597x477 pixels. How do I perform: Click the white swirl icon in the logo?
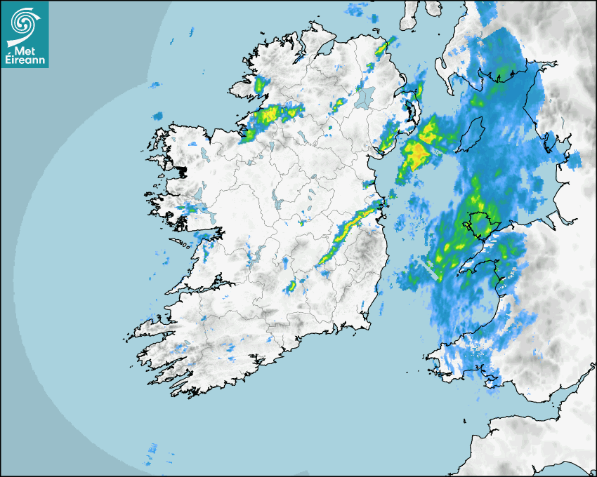[24, 23]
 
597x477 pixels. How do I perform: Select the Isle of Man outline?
[471, 135]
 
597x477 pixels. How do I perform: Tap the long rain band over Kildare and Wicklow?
[344, 235]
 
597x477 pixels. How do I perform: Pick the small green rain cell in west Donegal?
[261, 86]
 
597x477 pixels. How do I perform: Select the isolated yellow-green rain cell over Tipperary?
[291, 286]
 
